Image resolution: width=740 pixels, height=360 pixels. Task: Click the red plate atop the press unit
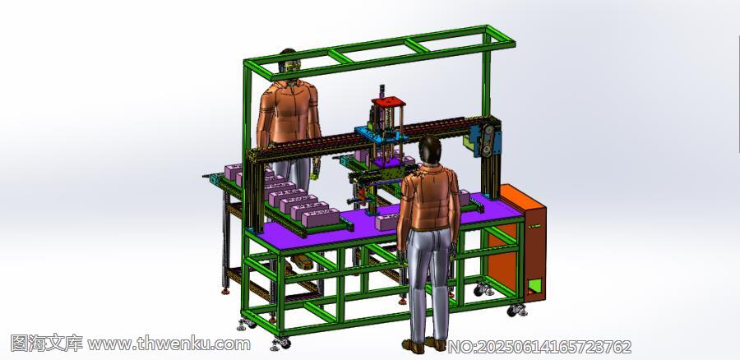388,101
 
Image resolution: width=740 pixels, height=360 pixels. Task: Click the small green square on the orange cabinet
534,285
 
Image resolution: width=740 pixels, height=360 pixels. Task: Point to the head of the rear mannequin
288,63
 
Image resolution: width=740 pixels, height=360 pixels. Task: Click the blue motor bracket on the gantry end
486,138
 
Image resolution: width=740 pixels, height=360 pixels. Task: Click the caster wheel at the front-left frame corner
281,343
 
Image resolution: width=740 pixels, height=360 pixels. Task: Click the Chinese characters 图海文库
46,343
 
